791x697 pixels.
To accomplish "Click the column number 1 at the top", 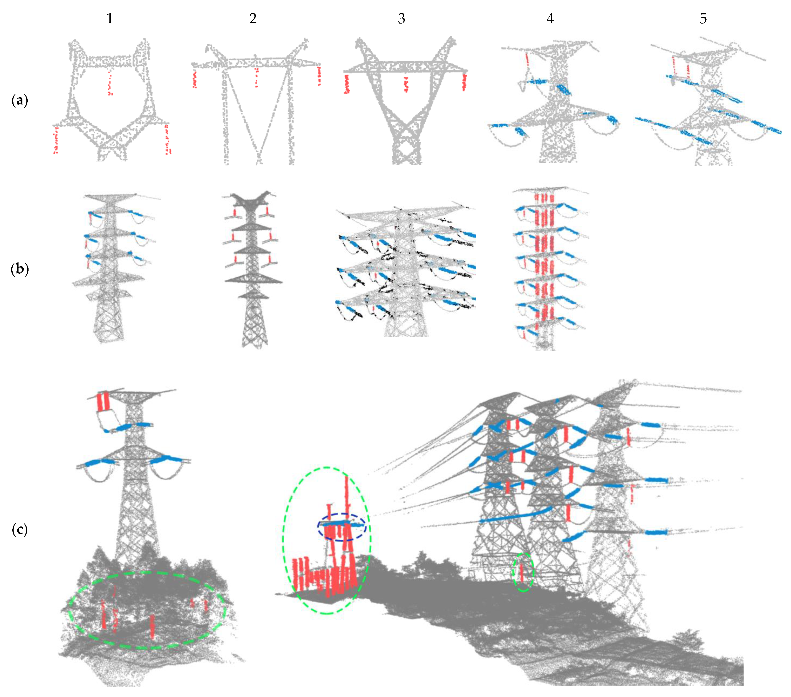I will (110, 19).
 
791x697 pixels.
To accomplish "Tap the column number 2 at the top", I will (253, 19).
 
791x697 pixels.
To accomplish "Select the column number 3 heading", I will (402, 19).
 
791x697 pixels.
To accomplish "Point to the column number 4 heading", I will (550, 19).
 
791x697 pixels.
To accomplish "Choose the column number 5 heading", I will (703, 19).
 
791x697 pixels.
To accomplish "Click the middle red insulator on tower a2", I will (256, 77).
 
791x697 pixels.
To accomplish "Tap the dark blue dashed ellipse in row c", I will (342, 527).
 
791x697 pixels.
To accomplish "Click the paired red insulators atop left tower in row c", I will (103, 402).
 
